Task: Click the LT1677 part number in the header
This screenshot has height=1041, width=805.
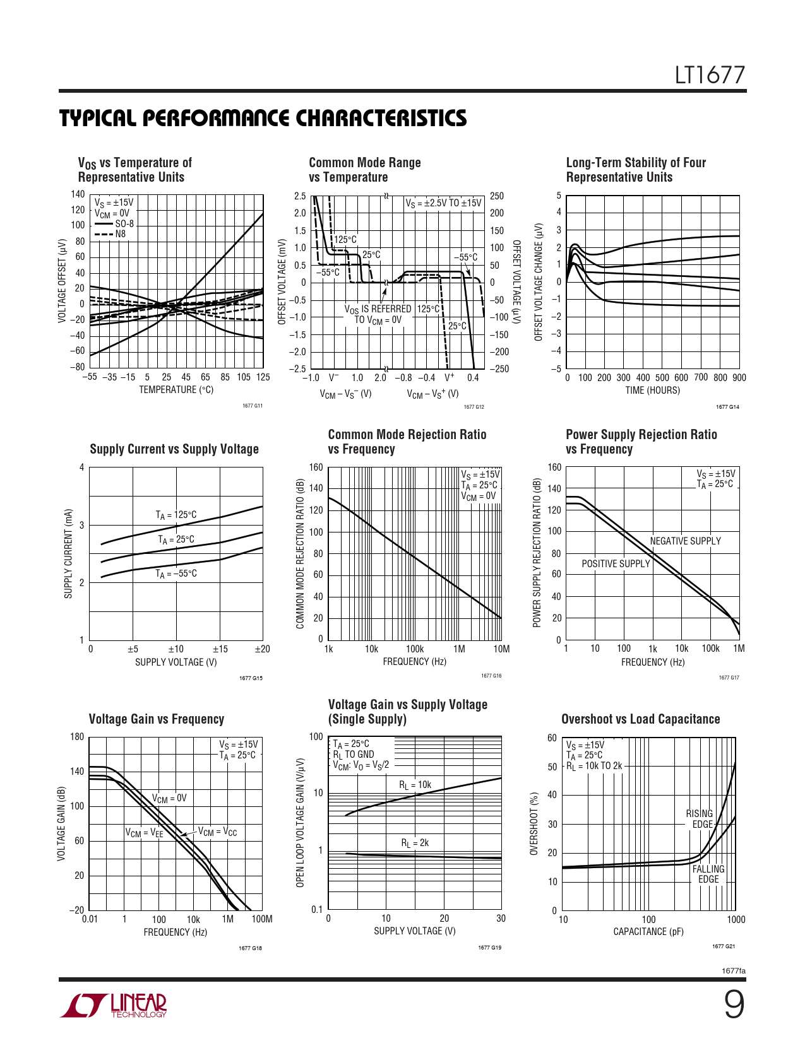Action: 710,76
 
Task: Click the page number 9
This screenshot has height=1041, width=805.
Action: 733,1004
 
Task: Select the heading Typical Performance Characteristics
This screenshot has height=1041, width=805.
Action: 263,118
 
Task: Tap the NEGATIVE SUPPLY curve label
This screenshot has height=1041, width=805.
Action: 685,541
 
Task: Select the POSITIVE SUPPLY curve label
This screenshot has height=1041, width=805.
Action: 616,564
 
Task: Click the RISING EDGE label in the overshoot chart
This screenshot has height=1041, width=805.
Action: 700,819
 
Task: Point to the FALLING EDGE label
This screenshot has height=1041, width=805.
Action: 708,874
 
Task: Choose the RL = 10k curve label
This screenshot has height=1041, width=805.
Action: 415,785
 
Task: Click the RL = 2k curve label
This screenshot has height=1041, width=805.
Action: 415,843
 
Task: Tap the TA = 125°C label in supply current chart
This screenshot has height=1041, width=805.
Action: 176,515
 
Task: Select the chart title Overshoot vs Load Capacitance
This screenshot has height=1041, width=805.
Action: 640,719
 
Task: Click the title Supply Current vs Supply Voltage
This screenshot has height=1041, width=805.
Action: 174,449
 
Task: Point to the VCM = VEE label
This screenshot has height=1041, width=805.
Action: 144,833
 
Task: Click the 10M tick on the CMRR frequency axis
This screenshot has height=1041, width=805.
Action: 501,649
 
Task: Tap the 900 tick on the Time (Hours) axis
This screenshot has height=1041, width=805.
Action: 739,378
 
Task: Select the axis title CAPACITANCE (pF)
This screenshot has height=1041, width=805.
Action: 648,932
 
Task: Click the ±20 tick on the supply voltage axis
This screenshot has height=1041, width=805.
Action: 262,649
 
